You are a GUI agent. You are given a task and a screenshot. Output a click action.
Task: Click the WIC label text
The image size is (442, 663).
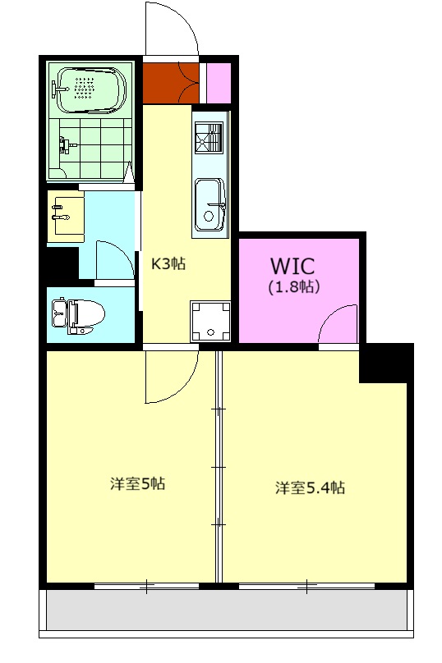click(x=292, y=266)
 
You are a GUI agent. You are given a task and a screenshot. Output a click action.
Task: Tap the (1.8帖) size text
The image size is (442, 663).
click(x=293, y=287)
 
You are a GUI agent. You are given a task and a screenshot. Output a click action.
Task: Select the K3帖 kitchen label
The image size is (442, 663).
click(x=168, y=264)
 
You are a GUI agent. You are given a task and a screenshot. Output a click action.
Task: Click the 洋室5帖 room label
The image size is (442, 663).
click(x=137, y=483)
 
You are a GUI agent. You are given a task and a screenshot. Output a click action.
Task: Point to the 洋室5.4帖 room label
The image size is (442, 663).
click(x=310, y=487)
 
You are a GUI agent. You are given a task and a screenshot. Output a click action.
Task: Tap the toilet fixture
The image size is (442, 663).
click(x=78, y=315)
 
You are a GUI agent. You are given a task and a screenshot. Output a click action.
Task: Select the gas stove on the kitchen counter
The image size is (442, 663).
click(x=209, y=137)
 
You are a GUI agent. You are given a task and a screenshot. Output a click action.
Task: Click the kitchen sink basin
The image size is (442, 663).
click(x=209, y=204)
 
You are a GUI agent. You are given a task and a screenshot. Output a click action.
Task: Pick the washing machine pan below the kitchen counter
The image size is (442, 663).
click(x=210, y=322)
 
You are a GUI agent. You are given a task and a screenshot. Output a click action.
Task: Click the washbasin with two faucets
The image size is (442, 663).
click(x=65, y=217)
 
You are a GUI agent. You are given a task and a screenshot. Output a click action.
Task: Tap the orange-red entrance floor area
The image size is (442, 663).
click(x=171, y=83)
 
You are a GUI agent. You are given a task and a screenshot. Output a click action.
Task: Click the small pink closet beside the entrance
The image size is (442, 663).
click(x=219, y=83)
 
